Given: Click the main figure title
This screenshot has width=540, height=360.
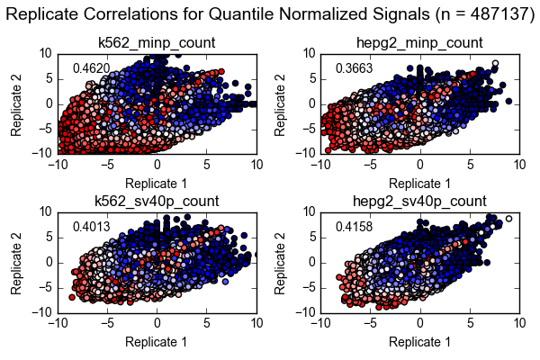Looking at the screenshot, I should pyautogui.click(x=270, y=14).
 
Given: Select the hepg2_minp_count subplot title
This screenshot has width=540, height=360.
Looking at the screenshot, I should pyautogui.click(x=419, y=42).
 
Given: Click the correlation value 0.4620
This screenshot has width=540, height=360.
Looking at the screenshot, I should pyautogui.click(x=92, y=68).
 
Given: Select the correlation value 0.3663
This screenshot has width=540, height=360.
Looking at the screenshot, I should pyautogui.click(x=354, y=68).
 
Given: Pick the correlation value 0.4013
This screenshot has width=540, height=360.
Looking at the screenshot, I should pyautogui.click(x=92, y=227).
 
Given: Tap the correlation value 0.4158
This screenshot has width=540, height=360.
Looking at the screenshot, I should pyautogui.click(x=354, y=227).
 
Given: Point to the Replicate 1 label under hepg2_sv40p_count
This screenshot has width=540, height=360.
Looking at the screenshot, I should pyautogui.click(x=419, y=342).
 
